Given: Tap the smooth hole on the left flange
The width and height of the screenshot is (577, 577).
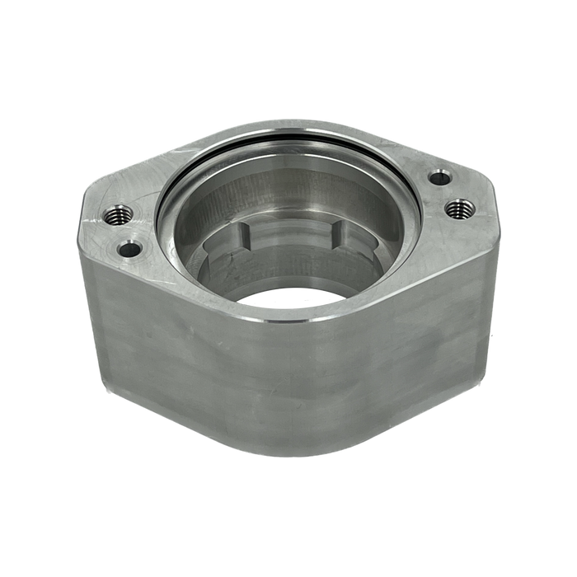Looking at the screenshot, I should pos(129,247).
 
